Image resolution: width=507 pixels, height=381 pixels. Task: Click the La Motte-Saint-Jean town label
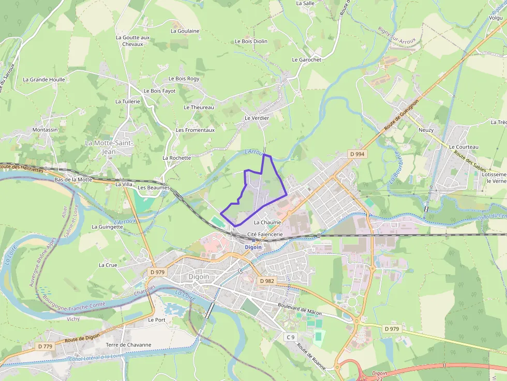click(109, 147)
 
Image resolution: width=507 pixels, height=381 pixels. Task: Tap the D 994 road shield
click(357, 154)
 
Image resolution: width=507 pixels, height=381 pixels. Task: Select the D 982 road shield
click(267, 281)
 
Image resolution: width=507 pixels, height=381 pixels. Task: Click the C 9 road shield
click(290, 337)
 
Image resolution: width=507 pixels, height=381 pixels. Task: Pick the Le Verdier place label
click(257, 118)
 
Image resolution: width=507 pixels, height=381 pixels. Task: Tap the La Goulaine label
click(185, 31)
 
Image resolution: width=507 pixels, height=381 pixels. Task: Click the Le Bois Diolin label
click(251, 41)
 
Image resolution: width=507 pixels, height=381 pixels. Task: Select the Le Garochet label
click(306, 60)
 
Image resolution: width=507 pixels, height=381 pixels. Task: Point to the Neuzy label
click(426, 130)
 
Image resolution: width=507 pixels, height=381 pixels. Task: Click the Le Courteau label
click(464, 147)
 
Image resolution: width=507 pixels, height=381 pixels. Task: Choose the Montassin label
click(45, 130)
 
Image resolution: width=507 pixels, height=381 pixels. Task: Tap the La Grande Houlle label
click(44, 80)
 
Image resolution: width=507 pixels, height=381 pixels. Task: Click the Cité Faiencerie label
click(265, 235)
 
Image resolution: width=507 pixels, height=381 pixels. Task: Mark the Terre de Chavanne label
click(128, 345)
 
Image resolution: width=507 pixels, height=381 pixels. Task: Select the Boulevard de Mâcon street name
click(300, 309)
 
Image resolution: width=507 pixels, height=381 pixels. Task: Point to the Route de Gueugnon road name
click(401, 112)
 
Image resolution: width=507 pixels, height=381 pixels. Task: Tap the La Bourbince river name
click(394, 169)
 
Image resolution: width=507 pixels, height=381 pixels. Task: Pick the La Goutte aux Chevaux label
click(132, 41)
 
